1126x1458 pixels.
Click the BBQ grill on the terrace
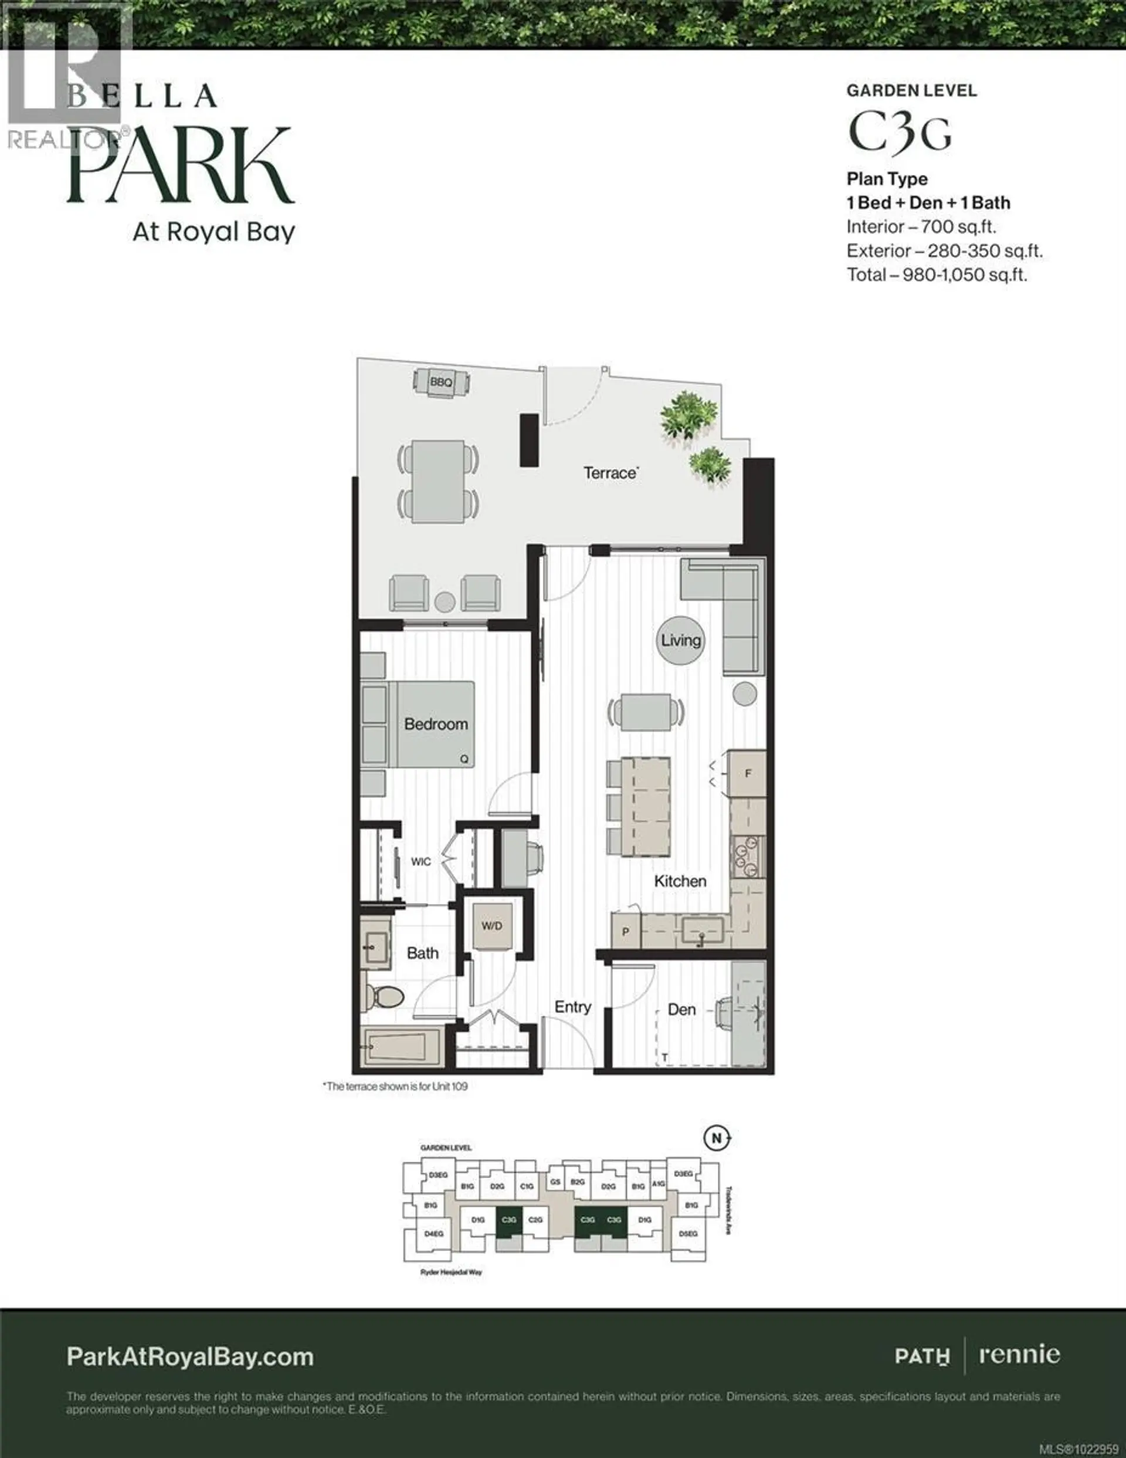click(x=440, y=383)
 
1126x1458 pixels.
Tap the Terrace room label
click(x=610, y=473)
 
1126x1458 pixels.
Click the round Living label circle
click(x=681, y=640)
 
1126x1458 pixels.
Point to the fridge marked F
click(x=748, y=774)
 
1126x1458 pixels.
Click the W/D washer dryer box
click(x=492, y=926)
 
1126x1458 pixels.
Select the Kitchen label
click(x=680, y=881)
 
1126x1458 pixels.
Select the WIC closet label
click(x=420, y=862)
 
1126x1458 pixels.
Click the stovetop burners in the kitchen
click(x=747, y=857)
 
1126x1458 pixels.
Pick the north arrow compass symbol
click(x=717, y=1138)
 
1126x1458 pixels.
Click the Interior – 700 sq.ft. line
click(x=921, y=227)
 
